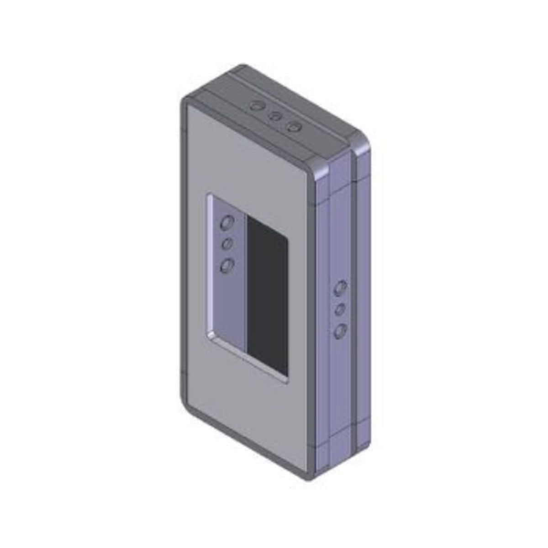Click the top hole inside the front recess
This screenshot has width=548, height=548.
227,223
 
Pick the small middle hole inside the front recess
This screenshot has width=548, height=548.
227,245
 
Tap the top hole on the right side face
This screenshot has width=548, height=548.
340,288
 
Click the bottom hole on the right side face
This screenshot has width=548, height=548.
340,331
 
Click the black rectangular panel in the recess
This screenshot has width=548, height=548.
268,292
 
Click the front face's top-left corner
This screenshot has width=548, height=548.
184,103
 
